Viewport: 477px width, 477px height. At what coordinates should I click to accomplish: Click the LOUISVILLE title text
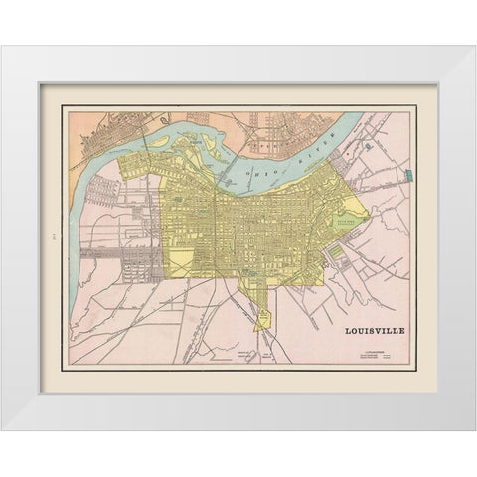(373, 331)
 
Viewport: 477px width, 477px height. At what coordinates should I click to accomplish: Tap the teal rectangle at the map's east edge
(408, 176)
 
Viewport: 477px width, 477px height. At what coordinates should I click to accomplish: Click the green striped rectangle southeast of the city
(338, 253)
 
